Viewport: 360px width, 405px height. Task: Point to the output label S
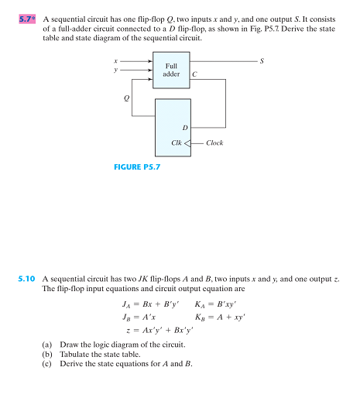[262, 60]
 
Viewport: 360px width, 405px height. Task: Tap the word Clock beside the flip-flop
[215, 143]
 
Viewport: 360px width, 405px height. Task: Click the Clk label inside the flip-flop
[177, 143]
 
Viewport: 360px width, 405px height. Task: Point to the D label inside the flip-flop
[184, 127]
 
